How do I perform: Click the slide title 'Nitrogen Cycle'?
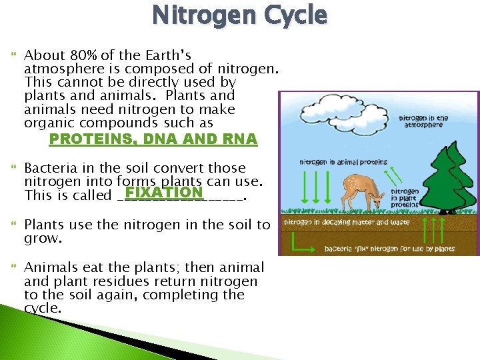pos(239,15)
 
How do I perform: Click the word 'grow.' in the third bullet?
pos(42,238)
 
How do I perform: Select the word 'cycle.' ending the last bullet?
pos(43,309)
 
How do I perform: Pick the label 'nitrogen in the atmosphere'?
pos(424,121)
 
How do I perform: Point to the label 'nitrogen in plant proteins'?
pos(406,196)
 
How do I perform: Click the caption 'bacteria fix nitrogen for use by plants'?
pos(390,249)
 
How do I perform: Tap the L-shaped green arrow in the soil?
pos(293,244)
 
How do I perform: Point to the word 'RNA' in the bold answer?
pos(241,139)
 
